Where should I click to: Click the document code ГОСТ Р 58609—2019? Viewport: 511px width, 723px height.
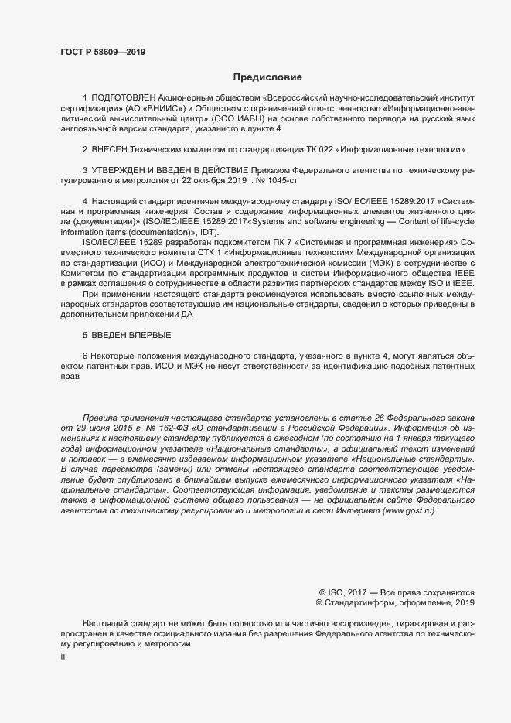[102, 53]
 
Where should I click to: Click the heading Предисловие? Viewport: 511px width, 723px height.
[268, 77]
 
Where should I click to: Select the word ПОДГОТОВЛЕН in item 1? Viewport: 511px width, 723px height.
[123, 99]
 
